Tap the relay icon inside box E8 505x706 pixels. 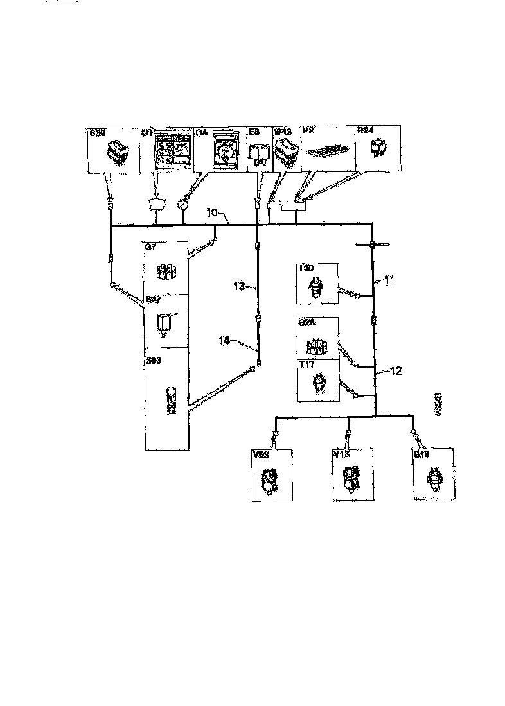258,154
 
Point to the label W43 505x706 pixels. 282,132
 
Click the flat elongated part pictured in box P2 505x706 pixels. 328,151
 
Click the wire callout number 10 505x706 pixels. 213,212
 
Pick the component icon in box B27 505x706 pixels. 164,321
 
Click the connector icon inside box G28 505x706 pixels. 317,347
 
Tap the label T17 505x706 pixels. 307,365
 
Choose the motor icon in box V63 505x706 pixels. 269,480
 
